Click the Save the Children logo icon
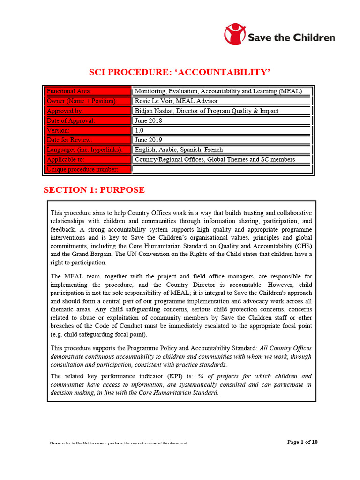tap(235, 34)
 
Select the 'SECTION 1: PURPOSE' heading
tap(94, 190)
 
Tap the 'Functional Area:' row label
tap(69, 91)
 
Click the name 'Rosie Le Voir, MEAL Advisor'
tap(176, 101)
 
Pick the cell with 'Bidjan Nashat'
tap(206, 111)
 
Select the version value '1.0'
tap(139, 130)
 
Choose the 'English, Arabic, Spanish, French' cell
tap(179, 150)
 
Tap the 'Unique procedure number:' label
tap(82, 169)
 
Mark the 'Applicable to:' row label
tap(66, 159)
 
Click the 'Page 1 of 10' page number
tap(302, 442)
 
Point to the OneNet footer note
tap(119, 443)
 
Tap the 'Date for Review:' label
tap(69, 140)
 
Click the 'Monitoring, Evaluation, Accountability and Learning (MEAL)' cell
tap(218, 91)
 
